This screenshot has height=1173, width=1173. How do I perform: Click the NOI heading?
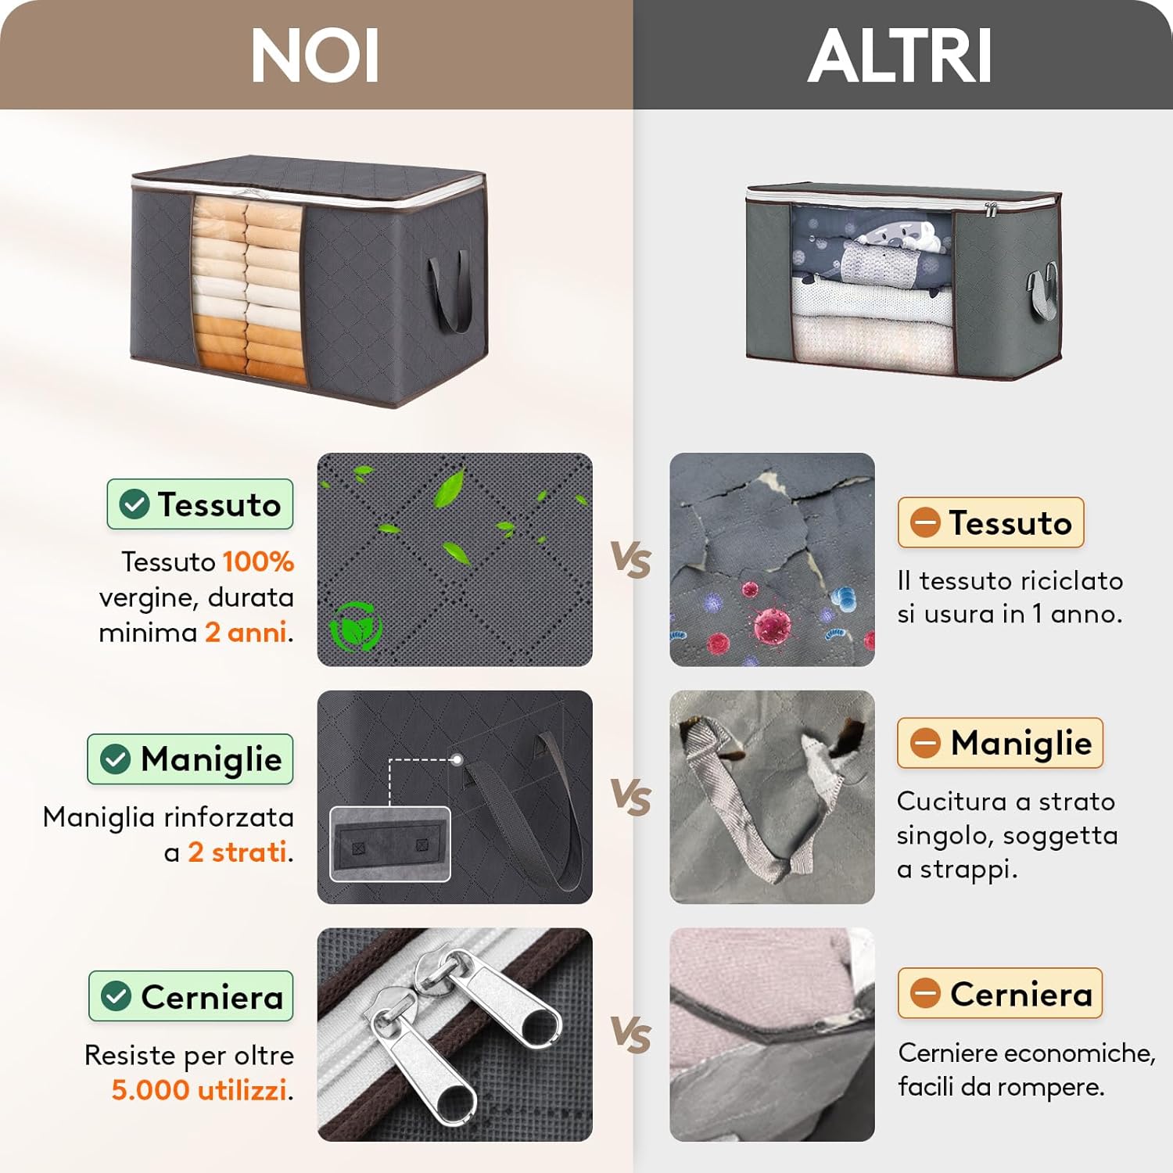click(x=315, y=56)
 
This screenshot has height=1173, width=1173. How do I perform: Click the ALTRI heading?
click(x=900, y=56)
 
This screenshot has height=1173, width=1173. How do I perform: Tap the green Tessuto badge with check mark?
click(x=200, y=504)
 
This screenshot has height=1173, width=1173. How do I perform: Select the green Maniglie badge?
click(x=190, y=759)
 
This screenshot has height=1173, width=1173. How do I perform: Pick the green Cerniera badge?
click(x=191, y=996)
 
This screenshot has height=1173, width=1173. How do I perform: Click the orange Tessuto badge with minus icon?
click(x=991, y=522)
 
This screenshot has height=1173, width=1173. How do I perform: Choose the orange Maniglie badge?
click(x=1000, y=743)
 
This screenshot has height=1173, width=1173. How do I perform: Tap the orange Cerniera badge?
click(x=1000, y=993)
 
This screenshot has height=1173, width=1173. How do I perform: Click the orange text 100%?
click(x=258, y=561)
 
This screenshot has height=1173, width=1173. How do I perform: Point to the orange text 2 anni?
click(x=246, y=632)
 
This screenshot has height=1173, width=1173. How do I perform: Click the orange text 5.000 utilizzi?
click(x=199, y=1089)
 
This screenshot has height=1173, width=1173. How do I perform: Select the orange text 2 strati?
click(x=237, y=852)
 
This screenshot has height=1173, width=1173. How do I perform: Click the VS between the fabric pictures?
click(x=631, y=560)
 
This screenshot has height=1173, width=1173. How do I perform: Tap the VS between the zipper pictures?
click(x=631, y=1035)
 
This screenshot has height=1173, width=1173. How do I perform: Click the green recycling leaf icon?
click(x=356, y=626)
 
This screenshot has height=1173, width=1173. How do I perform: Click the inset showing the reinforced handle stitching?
click(x=390, y=845)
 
